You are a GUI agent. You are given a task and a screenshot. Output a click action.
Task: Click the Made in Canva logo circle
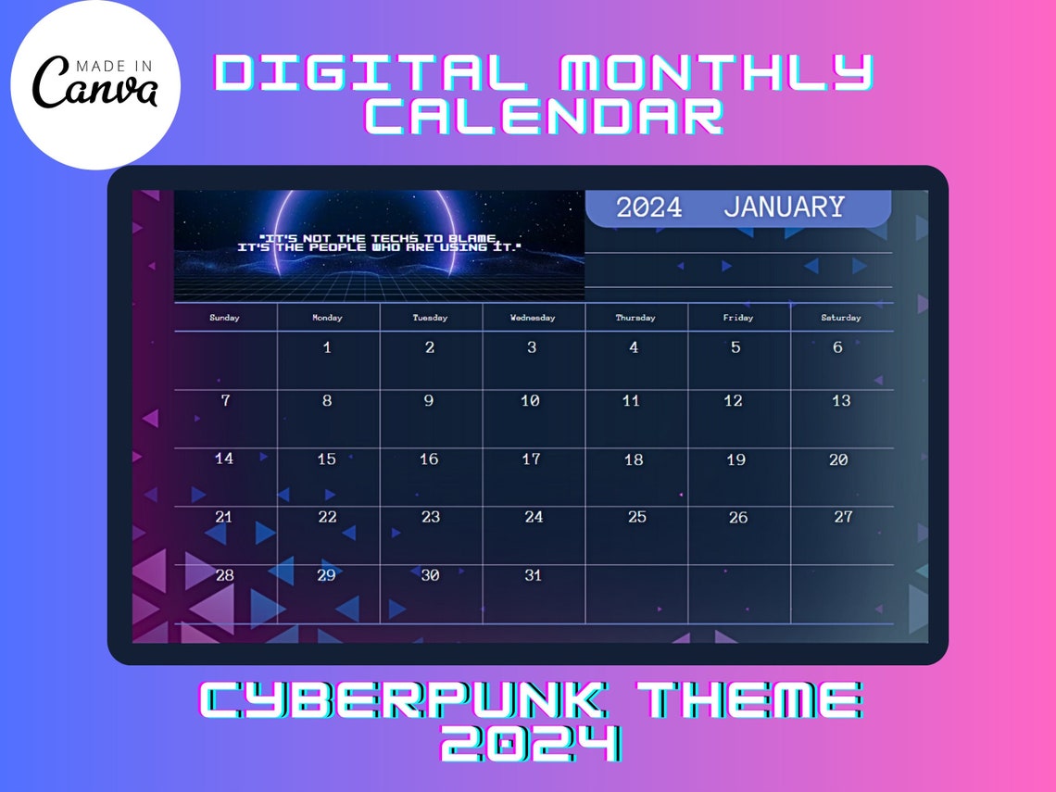click(x=94, y=85)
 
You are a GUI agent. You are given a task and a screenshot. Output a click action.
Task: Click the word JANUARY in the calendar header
click(x=784, y=207)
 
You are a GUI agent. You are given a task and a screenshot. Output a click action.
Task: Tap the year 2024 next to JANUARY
click(x=648, y=207)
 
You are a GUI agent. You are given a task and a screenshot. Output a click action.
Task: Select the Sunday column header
click(x=224, y=318)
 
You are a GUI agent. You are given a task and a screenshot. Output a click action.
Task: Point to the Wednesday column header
click(x=533, y=318)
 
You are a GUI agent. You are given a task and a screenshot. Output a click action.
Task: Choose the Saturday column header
click(x=840, y=318)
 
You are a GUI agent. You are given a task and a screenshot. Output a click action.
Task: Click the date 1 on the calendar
click(x=327, y=348)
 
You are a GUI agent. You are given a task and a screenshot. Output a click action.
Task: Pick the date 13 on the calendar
click(x=840, y=401)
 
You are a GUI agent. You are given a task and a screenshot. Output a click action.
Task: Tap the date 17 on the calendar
click(x=531, y=459)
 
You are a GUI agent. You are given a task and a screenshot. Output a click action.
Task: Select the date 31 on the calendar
click(x=533, y=575)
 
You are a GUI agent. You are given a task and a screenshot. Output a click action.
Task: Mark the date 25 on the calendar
click(x=636, y=517)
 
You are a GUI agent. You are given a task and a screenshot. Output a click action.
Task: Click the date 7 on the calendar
click(x=225, y=401)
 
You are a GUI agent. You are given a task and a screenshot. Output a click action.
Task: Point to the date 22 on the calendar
click(x=327, y=517)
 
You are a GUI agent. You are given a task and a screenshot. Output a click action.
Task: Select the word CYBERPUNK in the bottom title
click(x=401, y=700)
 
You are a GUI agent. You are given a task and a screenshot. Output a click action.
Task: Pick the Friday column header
click(x=738, y=318)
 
